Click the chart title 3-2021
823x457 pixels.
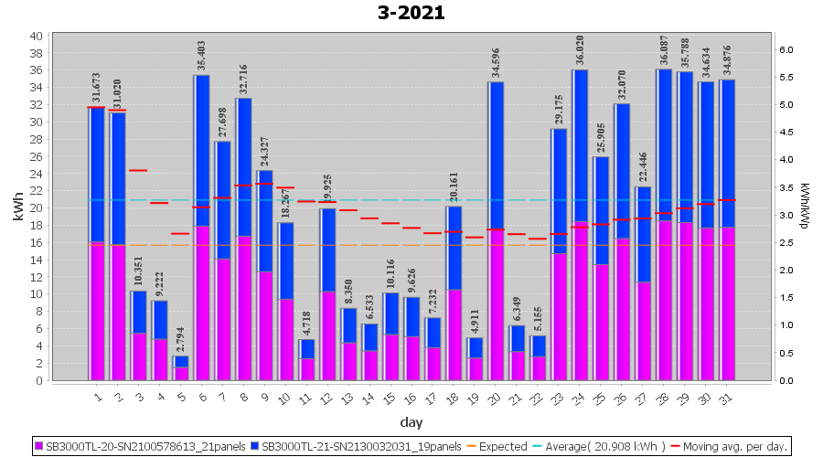[x=411, y=13]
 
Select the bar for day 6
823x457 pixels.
[x=201, y=228]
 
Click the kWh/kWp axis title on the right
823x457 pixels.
[x=804, y=208]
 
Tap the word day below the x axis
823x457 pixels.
[x=411, y=422]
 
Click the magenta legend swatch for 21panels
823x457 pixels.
[x=39, y=446]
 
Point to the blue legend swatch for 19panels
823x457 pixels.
[x=255, y=446]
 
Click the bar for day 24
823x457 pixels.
[x=580, y=225]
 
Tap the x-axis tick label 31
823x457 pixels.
[x=726, y=398]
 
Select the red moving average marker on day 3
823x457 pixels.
[x=138, y=170]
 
